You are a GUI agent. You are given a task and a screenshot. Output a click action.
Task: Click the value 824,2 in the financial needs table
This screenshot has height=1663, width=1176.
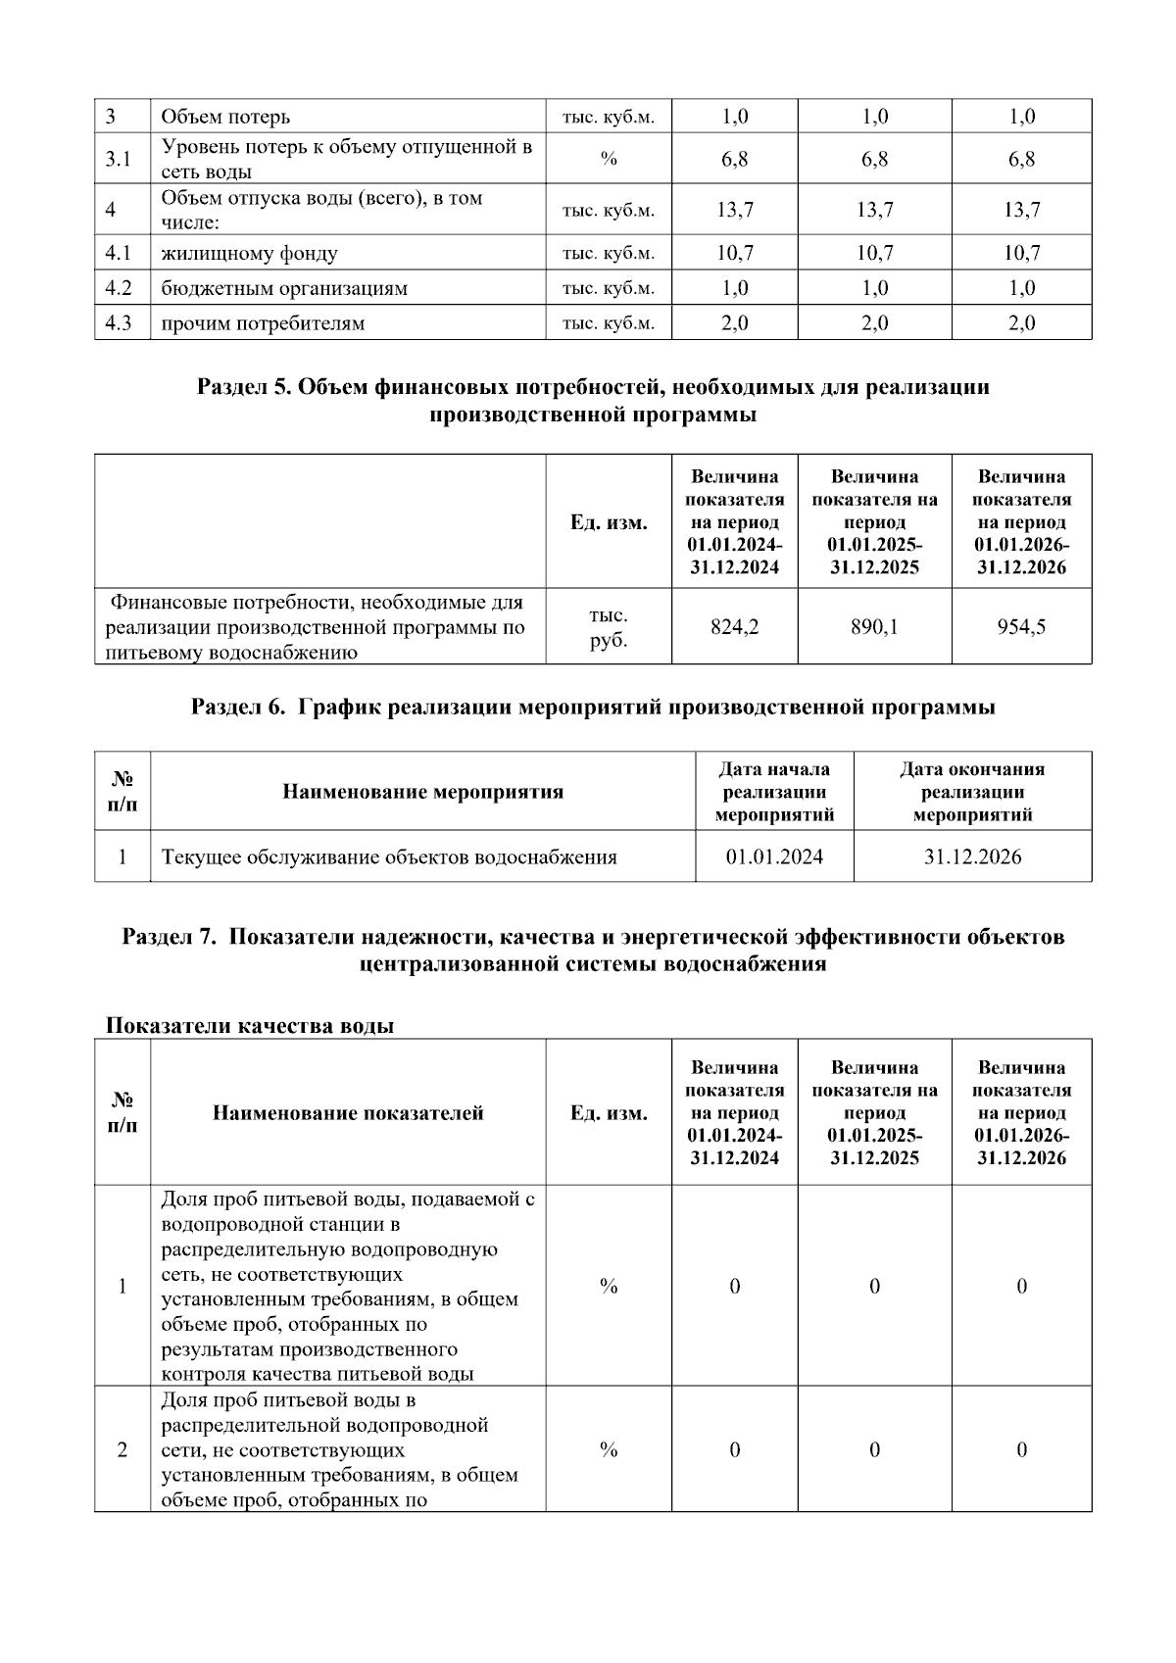pos(734,626)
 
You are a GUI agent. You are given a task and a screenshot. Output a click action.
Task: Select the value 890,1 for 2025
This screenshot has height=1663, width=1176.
pos(874,626)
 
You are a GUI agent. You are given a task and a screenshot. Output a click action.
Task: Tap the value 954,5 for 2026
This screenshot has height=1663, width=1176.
pos(1021,626)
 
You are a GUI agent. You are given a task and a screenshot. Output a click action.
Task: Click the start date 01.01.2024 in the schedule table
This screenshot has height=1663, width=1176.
pos(774,856)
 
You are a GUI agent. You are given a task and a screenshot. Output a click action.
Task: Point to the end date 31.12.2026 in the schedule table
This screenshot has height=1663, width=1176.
pos(972,856)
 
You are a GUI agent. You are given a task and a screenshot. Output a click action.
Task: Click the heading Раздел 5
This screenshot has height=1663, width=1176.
pos(593,400)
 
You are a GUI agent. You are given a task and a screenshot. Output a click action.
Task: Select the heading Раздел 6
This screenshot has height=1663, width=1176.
pos(593,707)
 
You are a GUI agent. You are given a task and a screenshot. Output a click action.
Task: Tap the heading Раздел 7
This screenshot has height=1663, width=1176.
pos(593,950)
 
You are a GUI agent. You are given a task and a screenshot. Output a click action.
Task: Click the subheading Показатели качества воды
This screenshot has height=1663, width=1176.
pos(250,1025)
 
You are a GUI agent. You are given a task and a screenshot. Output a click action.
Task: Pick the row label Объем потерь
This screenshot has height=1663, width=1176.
pos(225,117)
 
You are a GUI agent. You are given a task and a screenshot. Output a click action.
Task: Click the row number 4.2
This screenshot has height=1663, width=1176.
pos(119,288)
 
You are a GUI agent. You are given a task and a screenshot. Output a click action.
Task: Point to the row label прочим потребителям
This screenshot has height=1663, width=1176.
pos(263,323)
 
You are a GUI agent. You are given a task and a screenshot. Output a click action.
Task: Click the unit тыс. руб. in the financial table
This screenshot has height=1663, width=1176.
pos(609,627)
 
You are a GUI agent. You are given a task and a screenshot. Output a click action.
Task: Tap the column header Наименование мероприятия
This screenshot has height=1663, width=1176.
pos(423,792)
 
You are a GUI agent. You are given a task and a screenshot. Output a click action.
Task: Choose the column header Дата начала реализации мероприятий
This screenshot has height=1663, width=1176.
pos(774,792)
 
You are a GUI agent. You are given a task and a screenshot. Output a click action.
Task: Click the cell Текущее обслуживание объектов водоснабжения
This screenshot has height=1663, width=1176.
pos(389,856)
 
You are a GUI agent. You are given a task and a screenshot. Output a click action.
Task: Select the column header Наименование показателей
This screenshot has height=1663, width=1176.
pos(348,1112)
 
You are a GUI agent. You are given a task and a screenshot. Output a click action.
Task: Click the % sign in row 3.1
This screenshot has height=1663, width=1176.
pos(609,159)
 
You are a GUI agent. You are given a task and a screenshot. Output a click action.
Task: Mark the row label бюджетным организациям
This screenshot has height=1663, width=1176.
pos(284,288)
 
